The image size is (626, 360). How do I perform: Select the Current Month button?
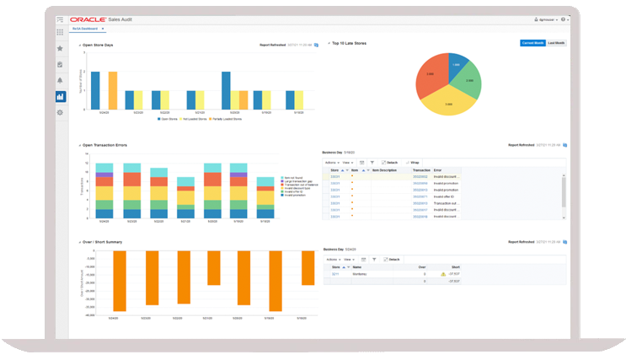click(x=532, y=42)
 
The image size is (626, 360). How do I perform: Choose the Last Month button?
click(x=556, y=42)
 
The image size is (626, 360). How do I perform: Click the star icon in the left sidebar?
click(x=60, y=48)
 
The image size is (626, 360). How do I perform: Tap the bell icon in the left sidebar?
click(x=60, y=80)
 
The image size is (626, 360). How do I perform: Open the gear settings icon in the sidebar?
click(x=60, y=112)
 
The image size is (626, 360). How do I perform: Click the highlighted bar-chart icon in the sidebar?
click(x=60, y=96)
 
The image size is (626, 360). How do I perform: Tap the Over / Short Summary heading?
click(x=104, y=242)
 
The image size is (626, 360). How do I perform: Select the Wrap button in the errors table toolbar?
click(x=415, y=162)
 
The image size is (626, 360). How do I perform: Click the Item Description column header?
click(x=384, y=169)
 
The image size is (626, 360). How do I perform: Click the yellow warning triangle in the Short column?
click(x=443, y=274)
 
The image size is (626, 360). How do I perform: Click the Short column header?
click(x=456, y=266)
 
